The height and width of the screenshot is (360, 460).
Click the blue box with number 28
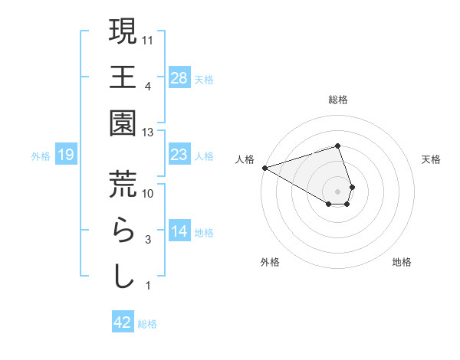pyautogui.click(x=179, y=77)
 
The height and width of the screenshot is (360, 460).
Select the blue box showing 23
pyautogui.click(x=179, y=155)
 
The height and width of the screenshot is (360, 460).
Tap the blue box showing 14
pyautogui.click(x=179, y=231)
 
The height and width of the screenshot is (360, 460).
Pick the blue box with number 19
pyautogui.click(x=66, y=155)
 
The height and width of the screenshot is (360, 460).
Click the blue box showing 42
pyautogui.click(x=123, y=322)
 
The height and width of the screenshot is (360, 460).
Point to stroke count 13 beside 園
pyautogui.click(x=148, y=133)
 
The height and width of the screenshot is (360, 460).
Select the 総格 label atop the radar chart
pyautogui.click(x=338, y=100)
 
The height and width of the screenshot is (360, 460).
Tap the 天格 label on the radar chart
pyautogui.click(x=432, y=159)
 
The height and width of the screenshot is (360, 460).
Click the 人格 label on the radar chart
pyautogui.click(x=245, y=159)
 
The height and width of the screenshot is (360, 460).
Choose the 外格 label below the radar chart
pyautogui.click(x=270, y=262)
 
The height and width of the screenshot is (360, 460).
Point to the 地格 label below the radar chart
pyautogui.click(x=402, y=262)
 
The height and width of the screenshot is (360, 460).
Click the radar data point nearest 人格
pyautogui.click(x=264, y=167)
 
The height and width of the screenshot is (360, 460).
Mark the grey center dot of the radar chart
pyautogui.click(x=338, y=191)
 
